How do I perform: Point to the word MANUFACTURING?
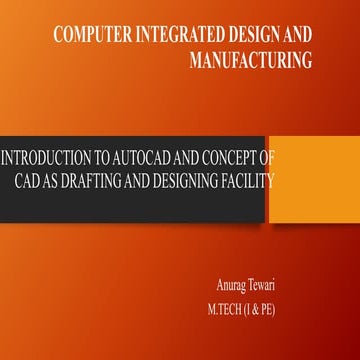(x=251, y=60)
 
